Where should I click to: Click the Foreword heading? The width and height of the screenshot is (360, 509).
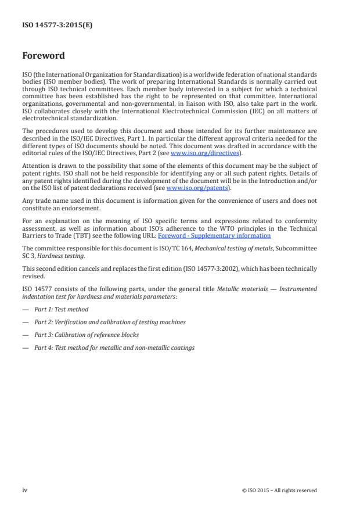[44, 56]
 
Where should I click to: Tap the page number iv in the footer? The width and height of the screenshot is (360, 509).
[25, 490]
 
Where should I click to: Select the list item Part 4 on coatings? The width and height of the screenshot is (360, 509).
[114, 347]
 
